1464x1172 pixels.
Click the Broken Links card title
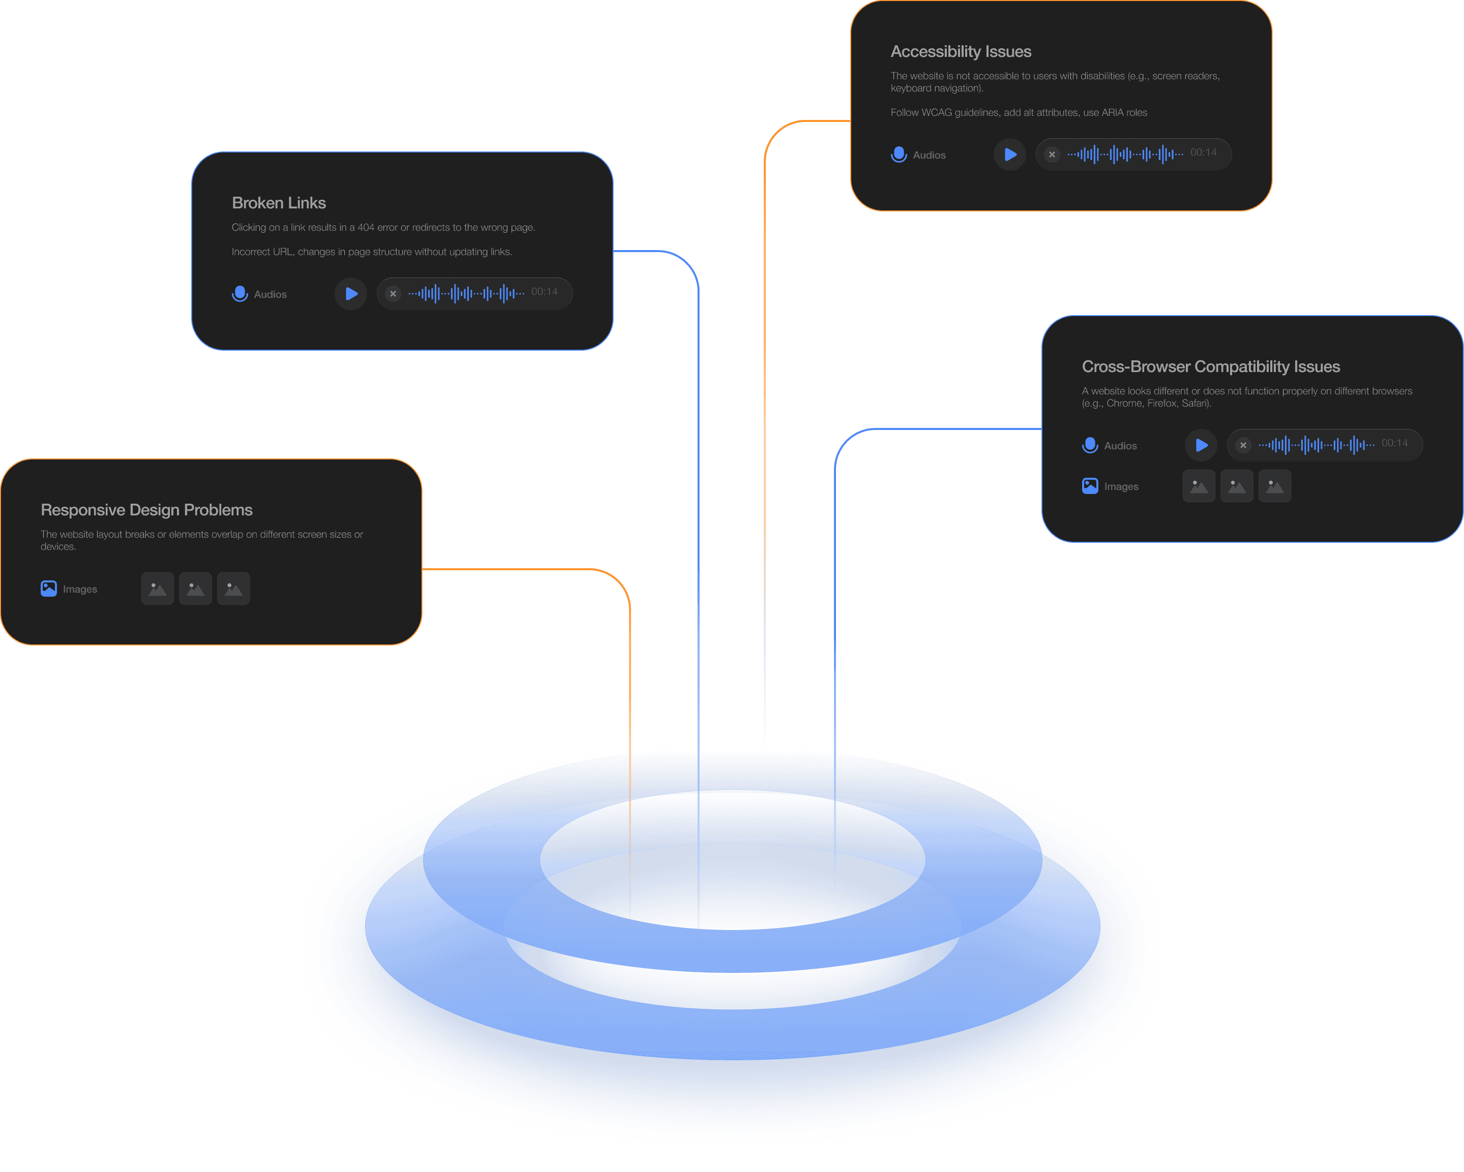point(278,203)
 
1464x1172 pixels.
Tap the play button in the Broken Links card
point(351,294)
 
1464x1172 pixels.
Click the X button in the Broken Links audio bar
point(393,294)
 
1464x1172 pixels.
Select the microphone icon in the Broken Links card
point(240,294)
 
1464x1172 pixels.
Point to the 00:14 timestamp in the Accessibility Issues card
point(1203,152)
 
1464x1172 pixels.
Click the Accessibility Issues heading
point(960,51)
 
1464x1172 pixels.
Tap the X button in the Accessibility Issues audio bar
point(1052,155)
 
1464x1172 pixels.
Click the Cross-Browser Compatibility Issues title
point(1210,366)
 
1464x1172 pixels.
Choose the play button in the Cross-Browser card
point(1201,445)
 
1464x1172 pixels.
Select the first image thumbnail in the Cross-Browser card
point(1199,486)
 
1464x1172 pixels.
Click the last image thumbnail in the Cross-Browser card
point(1274,486)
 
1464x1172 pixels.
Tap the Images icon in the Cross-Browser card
point(1090,486)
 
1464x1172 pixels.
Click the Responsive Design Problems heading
point(146,510)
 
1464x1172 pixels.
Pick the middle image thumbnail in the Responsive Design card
point(196,589)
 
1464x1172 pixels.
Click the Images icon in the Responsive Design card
point(49,589)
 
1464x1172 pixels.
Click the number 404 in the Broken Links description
point(366,227)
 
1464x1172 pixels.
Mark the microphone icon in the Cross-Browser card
point(1090,445)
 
